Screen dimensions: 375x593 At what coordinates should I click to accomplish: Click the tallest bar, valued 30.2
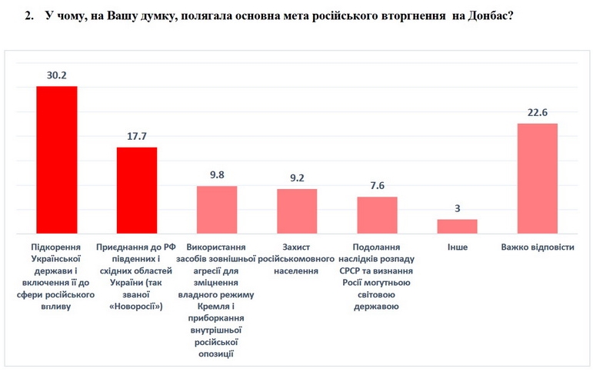pyautogui.click(x=57, y=159)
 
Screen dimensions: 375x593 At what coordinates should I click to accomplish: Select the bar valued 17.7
pyautogui.click(x=137, y=190)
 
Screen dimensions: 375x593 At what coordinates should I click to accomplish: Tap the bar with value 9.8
pyautogui.click(x=217, y=209)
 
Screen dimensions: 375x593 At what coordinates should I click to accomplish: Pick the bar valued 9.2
pyautogui.click(x=297, y=211)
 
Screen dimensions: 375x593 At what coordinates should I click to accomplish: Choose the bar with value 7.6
pyautogui.click(x=377, y=214)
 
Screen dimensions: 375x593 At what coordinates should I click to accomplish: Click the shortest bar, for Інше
pyautogui.click(x=457, y=226)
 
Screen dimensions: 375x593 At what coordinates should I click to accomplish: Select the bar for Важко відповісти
pyautogui.click(x=537, y=178)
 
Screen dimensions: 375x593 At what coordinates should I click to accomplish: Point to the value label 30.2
pyautogui.click(x=57, y=75)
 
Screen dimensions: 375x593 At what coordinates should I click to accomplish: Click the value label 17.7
pyautogui.click(x=137, y=137)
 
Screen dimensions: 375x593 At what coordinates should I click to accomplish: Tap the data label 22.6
pyautogui.click(x=537, y=113)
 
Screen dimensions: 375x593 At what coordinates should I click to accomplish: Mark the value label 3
pyautogui.click(x=457, y=209)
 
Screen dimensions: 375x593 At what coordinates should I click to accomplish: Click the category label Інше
pyautogui.click(x=457, y=247)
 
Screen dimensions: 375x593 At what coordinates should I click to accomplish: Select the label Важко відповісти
pyautogui.click(x=537, y=247)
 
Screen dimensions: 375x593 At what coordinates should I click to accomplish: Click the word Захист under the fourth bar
pyautogui.click(x=297, y=247)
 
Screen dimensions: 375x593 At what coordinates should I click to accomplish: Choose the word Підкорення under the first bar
pyautogui.click(x=57, y=247)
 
